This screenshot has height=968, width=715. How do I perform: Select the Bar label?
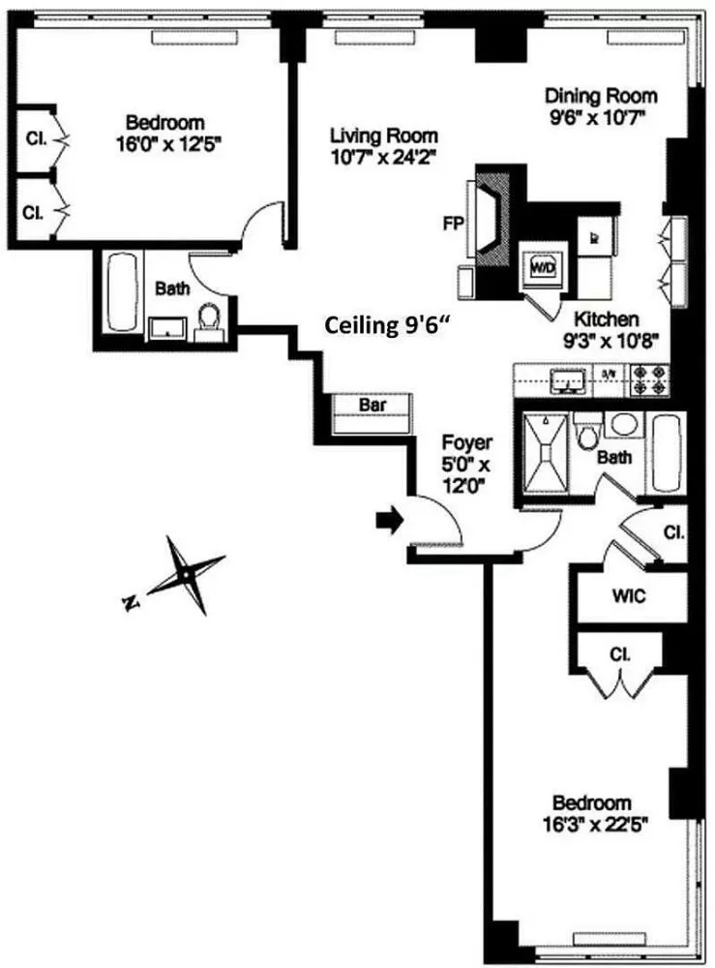coord(373,407)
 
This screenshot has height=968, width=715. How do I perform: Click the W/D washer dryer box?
coord(538,263)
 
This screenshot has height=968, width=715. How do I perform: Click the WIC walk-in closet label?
coord(628,595)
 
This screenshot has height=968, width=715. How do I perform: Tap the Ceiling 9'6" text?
coord(387,327)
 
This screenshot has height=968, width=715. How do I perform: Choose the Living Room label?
coord(383,136)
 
